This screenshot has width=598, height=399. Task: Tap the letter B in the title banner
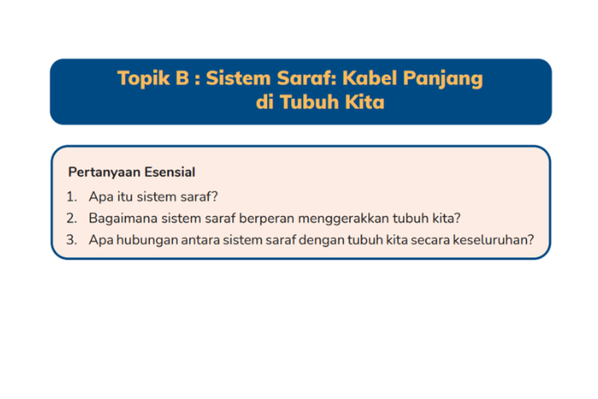click(x=183, y=78)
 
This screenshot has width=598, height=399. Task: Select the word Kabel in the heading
click(x=370, y=78)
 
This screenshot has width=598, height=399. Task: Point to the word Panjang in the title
click(x=443, y=80)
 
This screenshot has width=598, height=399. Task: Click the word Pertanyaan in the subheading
click(x=104, y=172)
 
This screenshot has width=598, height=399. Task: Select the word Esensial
click(x=170, y=172)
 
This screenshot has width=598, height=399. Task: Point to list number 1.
click(x=71, y=197)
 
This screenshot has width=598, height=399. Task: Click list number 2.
click(x=71, y=219)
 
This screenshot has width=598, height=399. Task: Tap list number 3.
click(x=71, y=239)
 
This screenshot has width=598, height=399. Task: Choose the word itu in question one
click(x=125, y=196)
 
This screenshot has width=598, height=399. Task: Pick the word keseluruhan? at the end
click(x=494, y=239)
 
